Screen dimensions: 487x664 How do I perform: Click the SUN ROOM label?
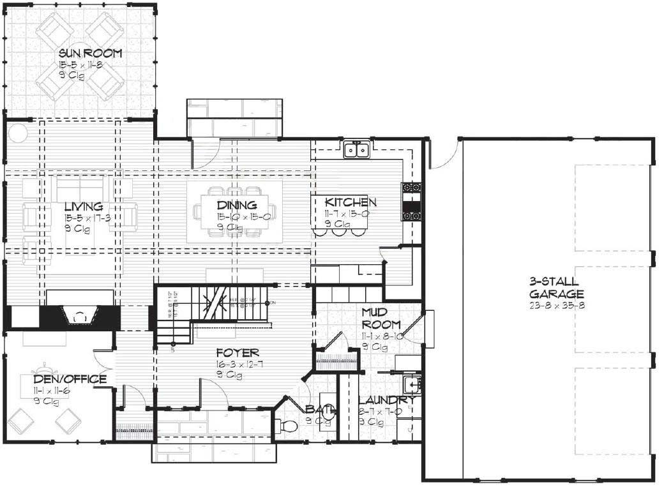tap(90, 53)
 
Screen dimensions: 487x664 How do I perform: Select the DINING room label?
tap(236, 205)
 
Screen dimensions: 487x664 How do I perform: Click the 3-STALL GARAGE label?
tap(557, 288)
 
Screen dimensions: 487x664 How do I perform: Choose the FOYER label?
tap(237, 352)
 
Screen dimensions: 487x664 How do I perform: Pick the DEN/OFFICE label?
tap(70, 379)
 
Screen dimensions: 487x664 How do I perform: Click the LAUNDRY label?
tap(388, 400)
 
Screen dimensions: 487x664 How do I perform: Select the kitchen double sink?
tap(356, 150)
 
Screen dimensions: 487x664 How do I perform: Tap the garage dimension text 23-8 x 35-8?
tap(557, 305)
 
